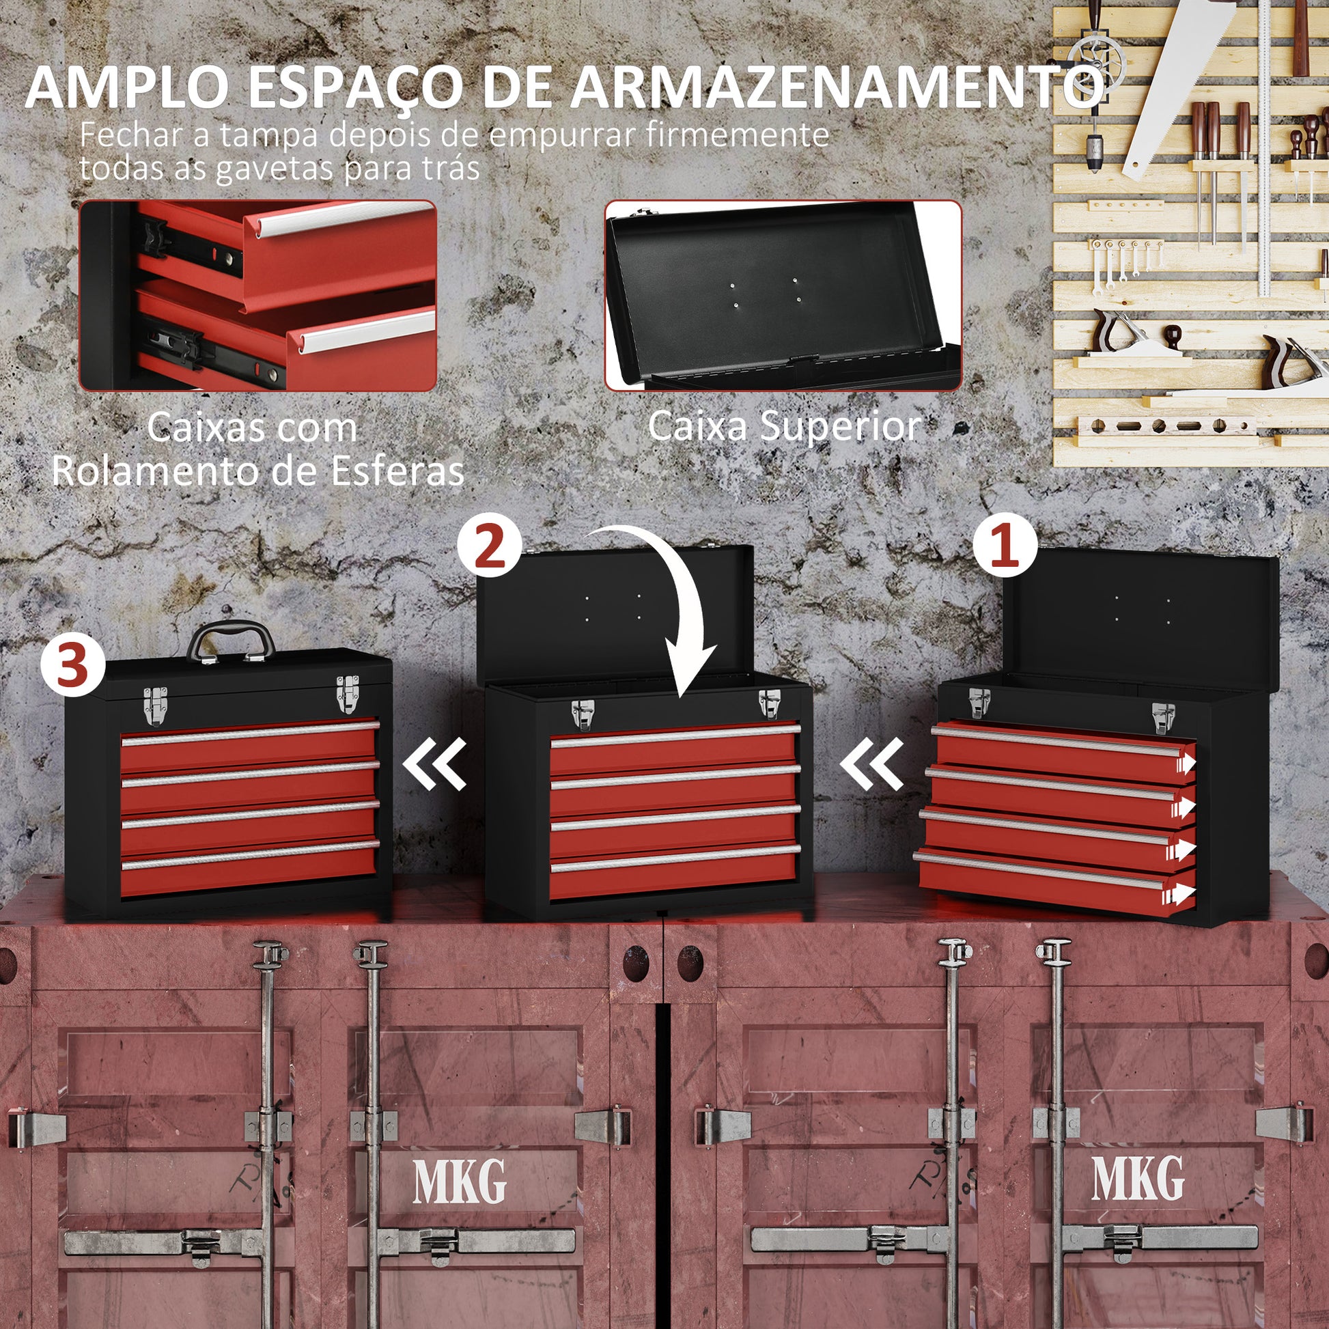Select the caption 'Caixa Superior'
784,426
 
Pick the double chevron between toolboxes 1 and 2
871,763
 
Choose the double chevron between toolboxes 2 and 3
435,763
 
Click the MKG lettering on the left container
459,1180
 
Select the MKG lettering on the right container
1138,1177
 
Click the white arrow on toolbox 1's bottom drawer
1179,895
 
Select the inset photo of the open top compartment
783,296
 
